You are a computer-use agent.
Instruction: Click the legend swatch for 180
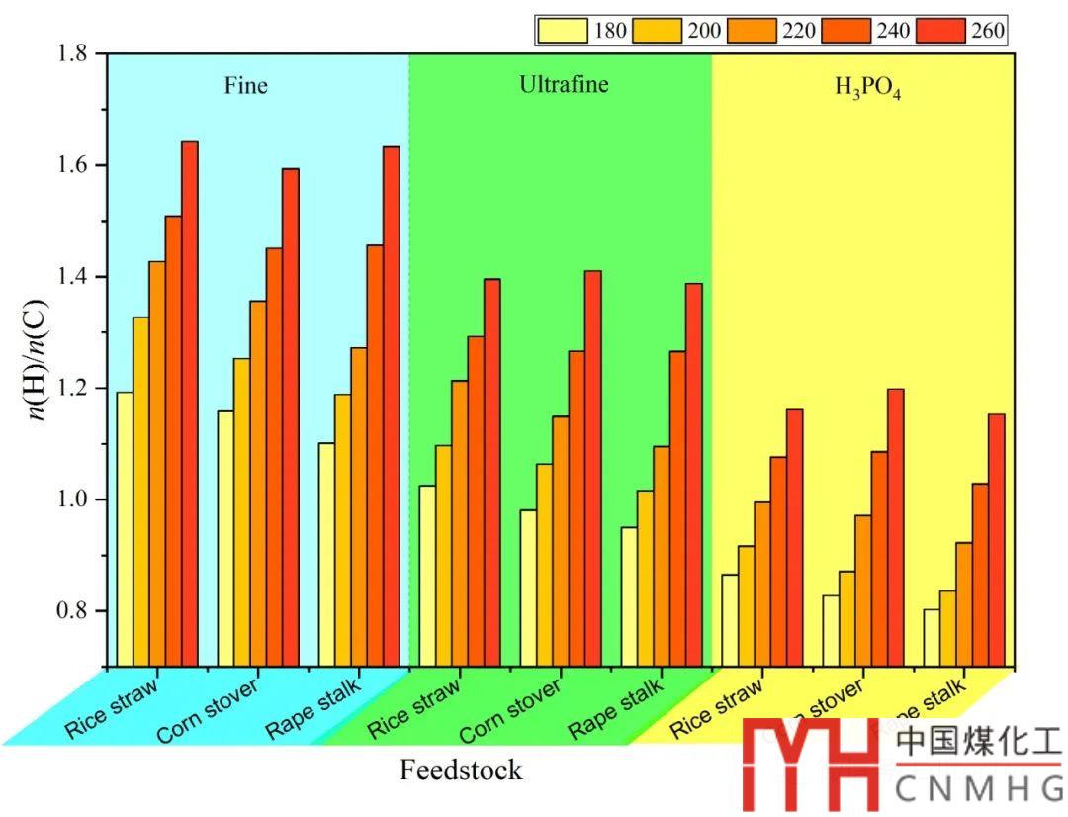pos(563,31)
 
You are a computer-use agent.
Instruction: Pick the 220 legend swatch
pos(753,31)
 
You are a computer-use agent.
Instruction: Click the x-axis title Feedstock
pos(461,770)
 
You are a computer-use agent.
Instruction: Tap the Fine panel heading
pos(245,86)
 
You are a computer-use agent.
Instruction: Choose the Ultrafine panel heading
pos(564,85)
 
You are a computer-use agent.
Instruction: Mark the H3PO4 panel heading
pos(868,89)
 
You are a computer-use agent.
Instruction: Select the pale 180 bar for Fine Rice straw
pos(125,528)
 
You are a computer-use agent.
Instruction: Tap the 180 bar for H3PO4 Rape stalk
pos(931,637)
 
